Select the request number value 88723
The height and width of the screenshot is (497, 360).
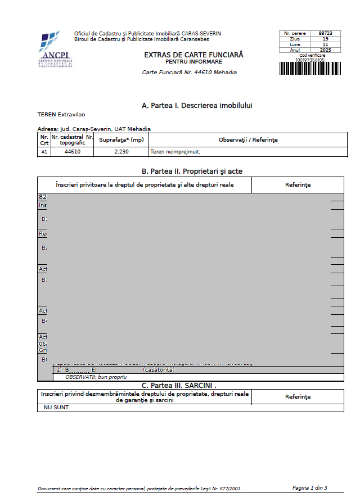tap(325, 34)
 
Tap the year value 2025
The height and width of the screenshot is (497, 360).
tap(325, 50)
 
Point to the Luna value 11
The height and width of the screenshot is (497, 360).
tap(325, 44)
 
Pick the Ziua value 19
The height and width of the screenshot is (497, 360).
tap(325, 39)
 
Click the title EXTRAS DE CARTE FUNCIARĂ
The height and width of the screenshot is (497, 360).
tap(193, 55)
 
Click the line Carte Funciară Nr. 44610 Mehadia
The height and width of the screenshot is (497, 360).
tap(190, 73)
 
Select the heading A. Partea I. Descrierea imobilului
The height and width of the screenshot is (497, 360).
tap(193, 106)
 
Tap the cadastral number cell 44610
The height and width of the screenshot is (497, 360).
tap(73, 152)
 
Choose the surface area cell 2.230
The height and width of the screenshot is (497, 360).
tap(121, 152)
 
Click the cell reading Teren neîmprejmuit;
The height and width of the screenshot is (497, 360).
tap(175, 152)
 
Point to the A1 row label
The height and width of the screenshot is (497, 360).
tap(44, 152)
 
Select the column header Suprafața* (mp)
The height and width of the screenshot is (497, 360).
tap(121, 140)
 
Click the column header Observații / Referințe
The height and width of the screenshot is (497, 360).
tap(248, 140)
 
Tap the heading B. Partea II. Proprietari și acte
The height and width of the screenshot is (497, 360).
tap(192, 171)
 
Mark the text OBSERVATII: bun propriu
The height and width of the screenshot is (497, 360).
tap(97, 377)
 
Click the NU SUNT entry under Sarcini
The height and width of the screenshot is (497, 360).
tap(56, 408)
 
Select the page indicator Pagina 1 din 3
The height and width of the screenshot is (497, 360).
tap(309, 487)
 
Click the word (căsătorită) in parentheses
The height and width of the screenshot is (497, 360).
tap(159, 370)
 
